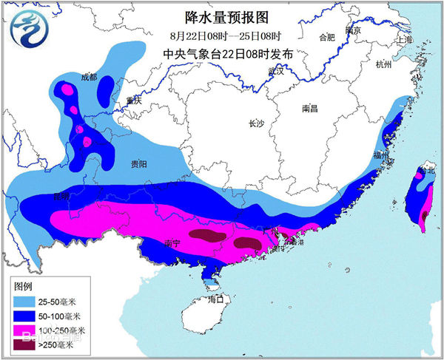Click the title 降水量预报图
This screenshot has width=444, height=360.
pyautogui.click(x=220, y=16)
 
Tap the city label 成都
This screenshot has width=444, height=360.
pyautogui.click(x=89, y=76)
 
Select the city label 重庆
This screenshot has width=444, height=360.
pyautogui.click(x=133, y=101)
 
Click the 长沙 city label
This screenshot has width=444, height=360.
pyautogui.click(x=257, y=123)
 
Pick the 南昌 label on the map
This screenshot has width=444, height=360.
pyautogui.click(x=309, y=108)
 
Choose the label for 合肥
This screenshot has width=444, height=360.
pyautogui.click(x=326, y=37)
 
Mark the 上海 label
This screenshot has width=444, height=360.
pyautogui.click(x=404, y=40)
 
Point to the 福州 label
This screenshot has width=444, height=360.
pyautogui.click(x=382, y=156)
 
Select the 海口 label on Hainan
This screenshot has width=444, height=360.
pyautogui.click(x=215, y=299)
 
